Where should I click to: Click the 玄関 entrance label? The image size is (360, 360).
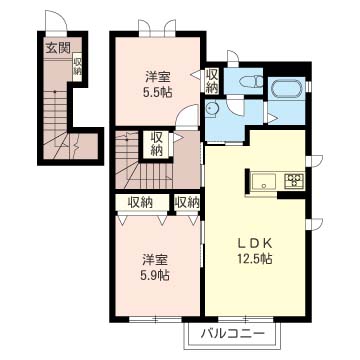[58, 49]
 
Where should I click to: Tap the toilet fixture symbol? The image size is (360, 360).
[252, 81]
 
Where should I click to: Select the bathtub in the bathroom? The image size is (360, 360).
[287, 88]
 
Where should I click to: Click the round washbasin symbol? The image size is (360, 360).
[211, 108]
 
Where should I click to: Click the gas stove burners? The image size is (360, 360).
[294, 180]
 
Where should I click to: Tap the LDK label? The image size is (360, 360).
[255, 244]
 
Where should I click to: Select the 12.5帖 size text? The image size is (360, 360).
[255, 258]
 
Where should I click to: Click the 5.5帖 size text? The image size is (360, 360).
[158, 92]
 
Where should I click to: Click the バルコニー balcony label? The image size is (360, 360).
[233, 333]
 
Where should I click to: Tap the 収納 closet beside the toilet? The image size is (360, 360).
[212, 81]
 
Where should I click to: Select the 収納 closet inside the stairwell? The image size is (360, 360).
[156, 144]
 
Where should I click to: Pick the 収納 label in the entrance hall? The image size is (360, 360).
[77, 66]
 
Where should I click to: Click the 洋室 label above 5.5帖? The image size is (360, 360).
[158, 78]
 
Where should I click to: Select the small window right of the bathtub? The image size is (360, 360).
[308, 86]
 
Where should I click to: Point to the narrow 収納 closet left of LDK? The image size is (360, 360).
[187, 202]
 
